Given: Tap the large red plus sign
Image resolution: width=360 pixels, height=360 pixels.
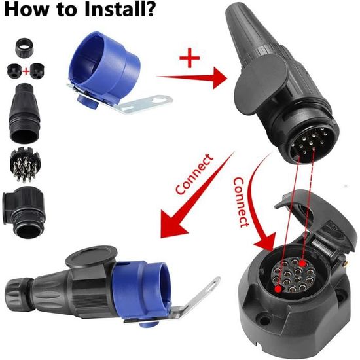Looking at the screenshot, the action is tap(189, 58).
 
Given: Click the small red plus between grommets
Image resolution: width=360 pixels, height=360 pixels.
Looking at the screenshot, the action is tap(26, 71).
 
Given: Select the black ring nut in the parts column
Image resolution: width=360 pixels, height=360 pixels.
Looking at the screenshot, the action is tap(24, 48).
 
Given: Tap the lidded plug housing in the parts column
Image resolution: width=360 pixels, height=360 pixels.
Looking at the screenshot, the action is tap(24, 212).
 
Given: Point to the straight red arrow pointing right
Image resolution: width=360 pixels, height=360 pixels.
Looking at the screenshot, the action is tap(192, 78).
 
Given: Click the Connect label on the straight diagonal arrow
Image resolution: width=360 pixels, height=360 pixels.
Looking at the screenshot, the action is tap(194, 174).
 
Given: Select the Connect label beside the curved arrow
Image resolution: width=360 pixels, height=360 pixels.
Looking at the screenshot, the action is tap(241, 202).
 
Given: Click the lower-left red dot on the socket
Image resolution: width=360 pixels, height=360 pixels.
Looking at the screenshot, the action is tap(278, 289).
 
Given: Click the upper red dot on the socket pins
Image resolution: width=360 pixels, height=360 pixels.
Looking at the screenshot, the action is tap(302, 263).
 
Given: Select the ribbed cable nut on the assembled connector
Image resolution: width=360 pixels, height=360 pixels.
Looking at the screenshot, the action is tap(17, 289).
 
